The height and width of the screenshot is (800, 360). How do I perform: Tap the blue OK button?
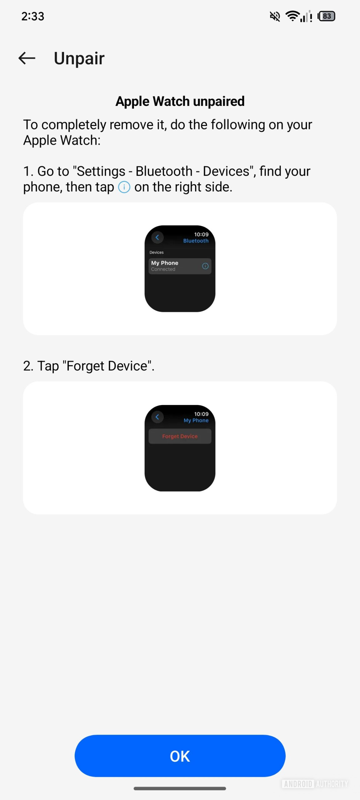pos(180,756)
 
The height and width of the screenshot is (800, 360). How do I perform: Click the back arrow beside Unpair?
pos(27,58)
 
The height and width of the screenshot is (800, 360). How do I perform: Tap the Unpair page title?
pos(79,58)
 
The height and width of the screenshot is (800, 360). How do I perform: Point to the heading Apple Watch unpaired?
pos(180,101)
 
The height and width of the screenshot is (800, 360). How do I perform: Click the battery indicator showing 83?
pos(326,16)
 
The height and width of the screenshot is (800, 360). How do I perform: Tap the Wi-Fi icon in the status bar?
pos(292,16)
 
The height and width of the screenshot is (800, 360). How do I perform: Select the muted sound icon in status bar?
pos(275,16)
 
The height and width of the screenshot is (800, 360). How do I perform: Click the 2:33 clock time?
pos(33,16)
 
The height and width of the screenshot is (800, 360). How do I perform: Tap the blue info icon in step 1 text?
pos(124,187)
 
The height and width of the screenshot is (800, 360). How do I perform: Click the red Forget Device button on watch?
pos(180,436)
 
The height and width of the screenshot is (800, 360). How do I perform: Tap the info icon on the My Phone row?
pos(205,266)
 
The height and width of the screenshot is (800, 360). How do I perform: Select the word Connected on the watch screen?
pos(163,269)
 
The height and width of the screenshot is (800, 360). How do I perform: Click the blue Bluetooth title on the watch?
pos(196,241)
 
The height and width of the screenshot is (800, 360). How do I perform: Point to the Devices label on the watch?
pos(157,252)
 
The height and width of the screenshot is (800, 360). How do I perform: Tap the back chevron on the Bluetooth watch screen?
pos(157,237)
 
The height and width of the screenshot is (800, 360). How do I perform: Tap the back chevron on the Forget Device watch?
pos(157,417)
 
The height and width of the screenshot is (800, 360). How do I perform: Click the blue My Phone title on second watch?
pos(196,421)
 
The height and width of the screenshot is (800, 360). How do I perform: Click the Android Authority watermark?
pos(315,784)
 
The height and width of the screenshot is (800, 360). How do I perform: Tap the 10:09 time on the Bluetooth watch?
pos(201,234)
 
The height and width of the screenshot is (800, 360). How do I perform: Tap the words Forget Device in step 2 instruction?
pos(107,366)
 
